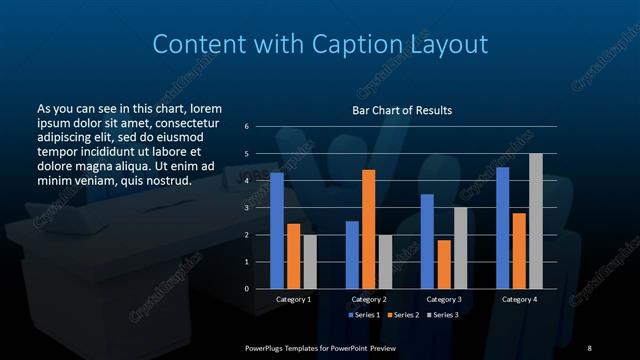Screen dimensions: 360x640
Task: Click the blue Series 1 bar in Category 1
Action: [277, 231]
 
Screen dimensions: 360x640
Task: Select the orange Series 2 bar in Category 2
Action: [369, 229]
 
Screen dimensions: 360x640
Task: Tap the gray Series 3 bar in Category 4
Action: [535, 221]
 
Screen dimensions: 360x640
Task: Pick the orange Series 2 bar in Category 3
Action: [444, 264]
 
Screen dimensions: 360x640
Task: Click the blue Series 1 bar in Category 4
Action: [503, 228]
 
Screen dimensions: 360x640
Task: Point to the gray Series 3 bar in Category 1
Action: [310, 262]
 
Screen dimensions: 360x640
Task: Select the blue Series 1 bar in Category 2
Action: [352, 255]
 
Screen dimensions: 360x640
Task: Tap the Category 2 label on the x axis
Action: [369, 299]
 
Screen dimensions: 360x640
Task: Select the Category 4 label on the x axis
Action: [518, 299]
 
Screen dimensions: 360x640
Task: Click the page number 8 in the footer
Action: [589, 346]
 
